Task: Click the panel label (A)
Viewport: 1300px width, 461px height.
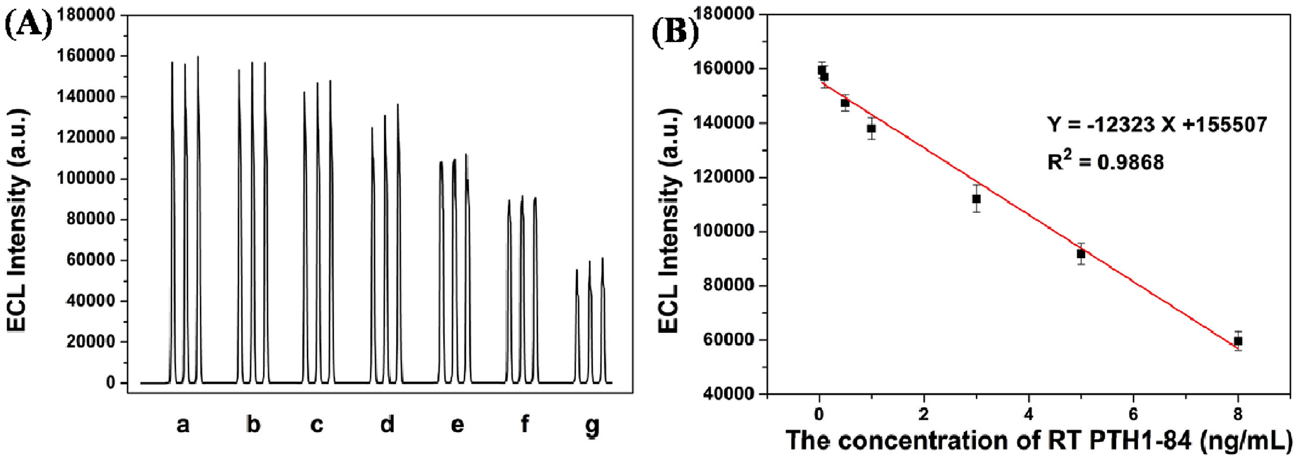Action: click(29, 26)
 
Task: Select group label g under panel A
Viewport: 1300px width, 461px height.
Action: click(592, 425)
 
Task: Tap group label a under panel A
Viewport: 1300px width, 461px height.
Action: click(183, 425)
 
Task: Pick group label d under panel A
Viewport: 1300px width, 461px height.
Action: click(387, 425)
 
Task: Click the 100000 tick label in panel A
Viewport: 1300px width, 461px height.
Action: click(91, 179)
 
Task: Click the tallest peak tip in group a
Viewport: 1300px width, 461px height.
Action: click(198, 57)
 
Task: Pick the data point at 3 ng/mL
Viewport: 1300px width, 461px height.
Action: click(976, 199)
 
